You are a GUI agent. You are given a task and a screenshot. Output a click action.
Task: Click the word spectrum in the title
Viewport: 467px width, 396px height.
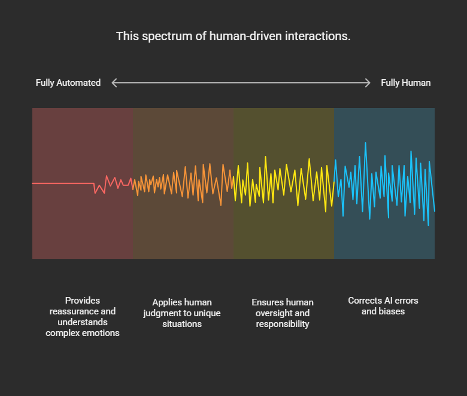(x=167, y=37)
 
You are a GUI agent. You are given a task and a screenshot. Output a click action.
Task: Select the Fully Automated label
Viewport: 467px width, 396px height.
(x=68, y=83)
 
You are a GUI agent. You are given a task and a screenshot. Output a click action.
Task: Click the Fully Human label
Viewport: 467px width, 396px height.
(x=406, y=83)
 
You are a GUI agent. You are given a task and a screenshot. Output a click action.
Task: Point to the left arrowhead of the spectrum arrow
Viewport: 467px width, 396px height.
(x=114, y=83)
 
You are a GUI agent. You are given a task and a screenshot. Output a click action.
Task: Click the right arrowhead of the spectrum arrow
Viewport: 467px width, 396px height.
(x=368, y=83)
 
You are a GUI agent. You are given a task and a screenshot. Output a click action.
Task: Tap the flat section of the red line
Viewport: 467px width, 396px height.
(x=63, y=183)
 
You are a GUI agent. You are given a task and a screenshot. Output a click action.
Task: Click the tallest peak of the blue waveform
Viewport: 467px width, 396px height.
(x=365, y=143)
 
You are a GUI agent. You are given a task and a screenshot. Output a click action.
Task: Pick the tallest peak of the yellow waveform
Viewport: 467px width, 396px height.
(x=265, y=157)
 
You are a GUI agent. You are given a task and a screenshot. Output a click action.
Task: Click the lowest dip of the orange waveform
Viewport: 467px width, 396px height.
(x=221, y=205)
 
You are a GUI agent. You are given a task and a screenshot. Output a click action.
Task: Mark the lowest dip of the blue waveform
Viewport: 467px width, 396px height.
(x=428, y=225)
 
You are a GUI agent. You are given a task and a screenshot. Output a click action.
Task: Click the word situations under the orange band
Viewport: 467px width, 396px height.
(x=182, y=324)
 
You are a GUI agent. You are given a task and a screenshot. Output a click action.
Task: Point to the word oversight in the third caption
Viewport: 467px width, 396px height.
(x=274, y=313)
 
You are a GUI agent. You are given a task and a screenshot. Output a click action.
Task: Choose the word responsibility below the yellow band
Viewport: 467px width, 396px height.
(x=283, y=324)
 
